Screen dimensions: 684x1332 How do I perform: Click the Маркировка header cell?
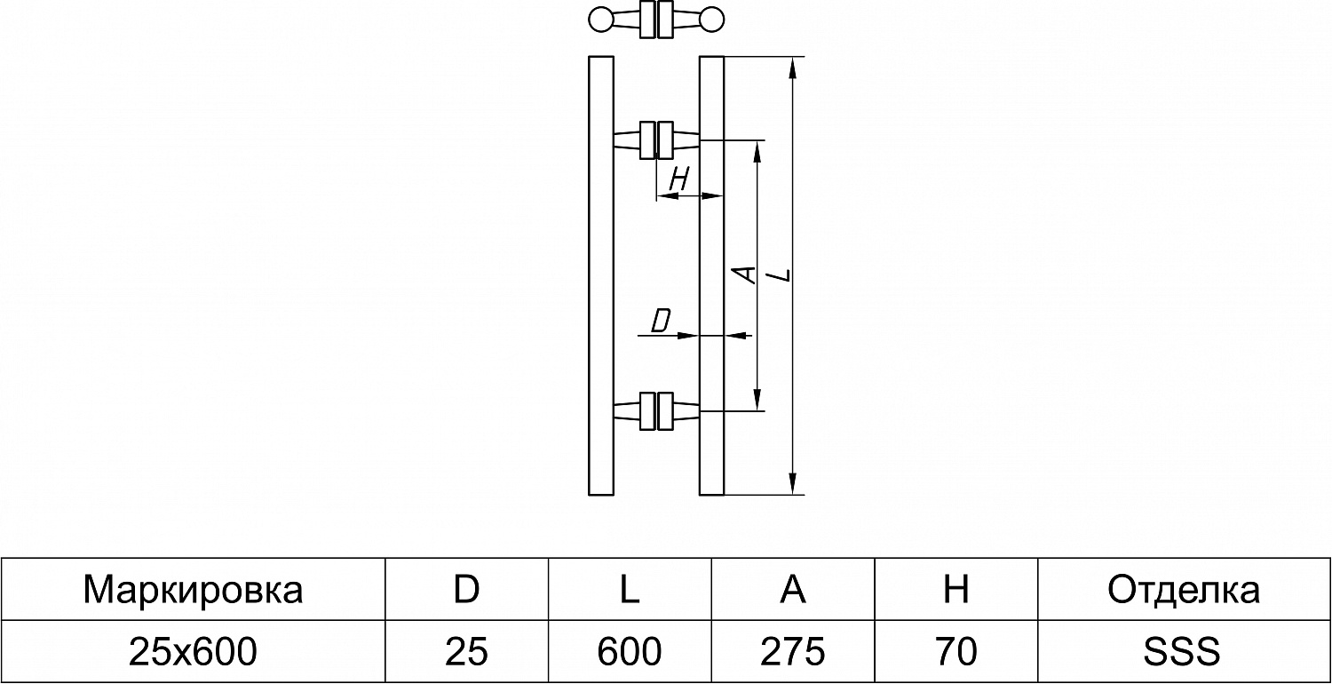(x=193, y=590)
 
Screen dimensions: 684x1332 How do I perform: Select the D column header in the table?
(x=466, y=590)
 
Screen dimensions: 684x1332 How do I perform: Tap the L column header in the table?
(x=630, y=590)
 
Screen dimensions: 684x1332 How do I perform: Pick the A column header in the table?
(x=793, y=590)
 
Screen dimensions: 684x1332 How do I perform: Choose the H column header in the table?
(x=956, y=590)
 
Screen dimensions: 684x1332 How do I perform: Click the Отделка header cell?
(x=1184, y=590)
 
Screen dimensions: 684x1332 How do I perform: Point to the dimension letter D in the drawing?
(x=660, y=321)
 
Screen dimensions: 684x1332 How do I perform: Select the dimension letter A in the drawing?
(x=748, y=274)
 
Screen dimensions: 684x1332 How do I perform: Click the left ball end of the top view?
(x=601, y=20)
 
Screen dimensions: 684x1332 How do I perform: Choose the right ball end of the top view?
(x=712, y=20)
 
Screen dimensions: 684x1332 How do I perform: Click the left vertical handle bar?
(x=601, y=275)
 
